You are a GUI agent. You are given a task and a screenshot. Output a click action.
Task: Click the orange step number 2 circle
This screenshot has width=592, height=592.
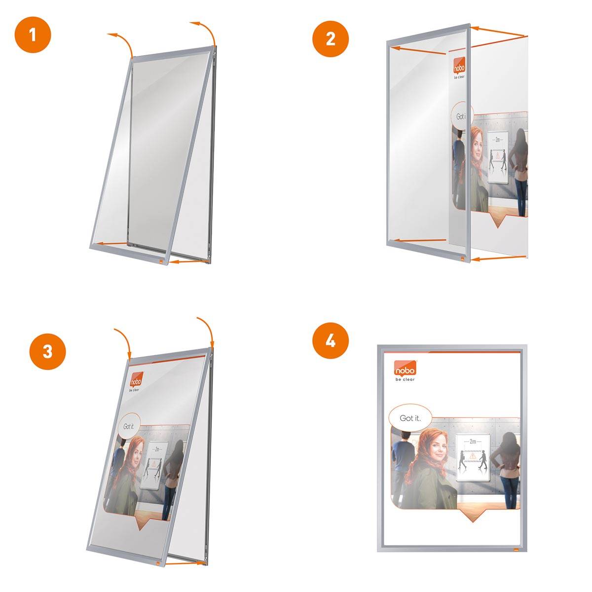coord(331,38)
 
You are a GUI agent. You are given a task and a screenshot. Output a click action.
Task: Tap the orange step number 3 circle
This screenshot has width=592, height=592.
coord(47,351)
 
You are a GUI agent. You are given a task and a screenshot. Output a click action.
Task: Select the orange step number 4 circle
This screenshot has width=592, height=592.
coord(331,340)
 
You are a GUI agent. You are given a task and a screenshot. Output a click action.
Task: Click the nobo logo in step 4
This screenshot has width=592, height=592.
coord(405,368)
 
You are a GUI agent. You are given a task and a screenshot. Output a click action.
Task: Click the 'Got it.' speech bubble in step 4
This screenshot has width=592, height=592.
coord(409,418)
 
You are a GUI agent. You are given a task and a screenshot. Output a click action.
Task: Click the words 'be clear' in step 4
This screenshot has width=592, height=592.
coord(405,379)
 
